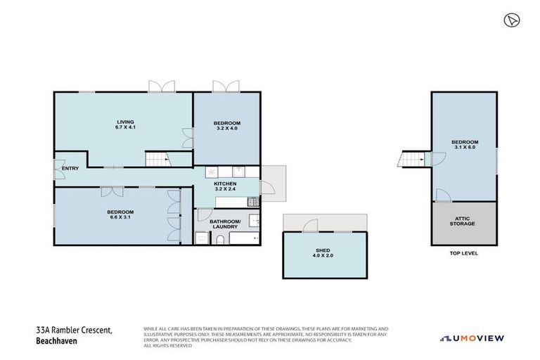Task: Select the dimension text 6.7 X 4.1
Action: [125, 127]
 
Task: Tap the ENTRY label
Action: [70, 168]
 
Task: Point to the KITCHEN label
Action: [225, 184]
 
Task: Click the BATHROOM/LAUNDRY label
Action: [225, 224]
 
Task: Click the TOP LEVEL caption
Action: [463, 253]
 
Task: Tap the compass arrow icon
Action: [510, 20]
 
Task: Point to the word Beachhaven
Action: [57, 342]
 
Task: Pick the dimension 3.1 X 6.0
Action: [465, 147]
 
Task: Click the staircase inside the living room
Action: [157, 159]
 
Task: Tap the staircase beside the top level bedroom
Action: [410, 159]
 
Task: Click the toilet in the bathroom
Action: [220, 239]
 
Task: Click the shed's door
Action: [308, 225]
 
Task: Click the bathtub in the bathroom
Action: [244, 239]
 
